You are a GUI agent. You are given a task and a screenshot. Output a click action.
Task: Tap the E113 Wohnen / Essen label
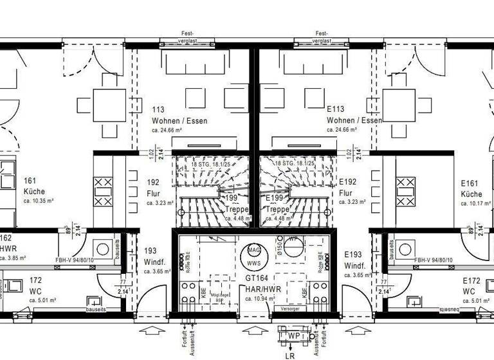(354, 115)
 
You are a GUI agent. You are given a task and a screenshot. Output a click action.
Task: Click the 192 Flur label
(135, 188)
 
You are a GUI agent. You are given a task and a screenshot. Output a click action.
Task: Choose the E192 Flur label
(347, 188)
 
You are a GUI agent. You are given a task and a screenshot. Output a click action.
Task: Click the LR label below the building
(289, 354)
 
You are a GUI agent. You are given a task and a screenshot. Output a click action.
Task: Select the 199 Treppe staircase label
(235, 204)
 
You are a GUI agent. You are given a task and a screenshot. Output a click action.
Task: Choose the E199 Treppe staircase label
(277, 204)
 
